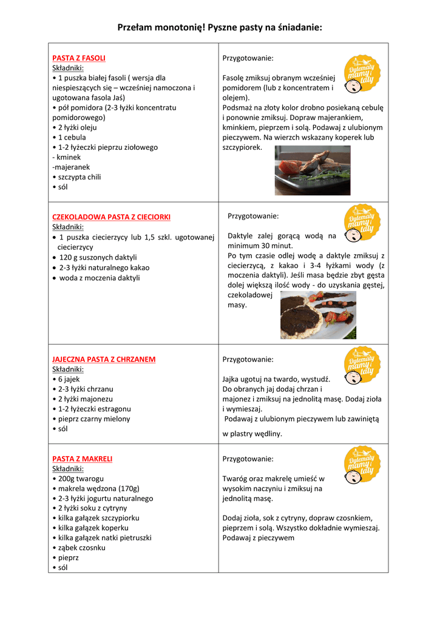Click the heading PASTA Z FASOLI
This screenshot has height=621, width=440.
pos(79,58)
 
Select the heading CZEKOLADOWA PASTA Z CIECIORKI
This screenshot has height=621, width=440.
pos(111,217)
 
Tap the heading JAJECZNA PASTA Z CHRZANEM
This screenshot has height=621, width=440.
pos(104,359)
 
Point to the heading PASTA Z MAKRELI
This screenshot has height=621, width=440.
pos(83,459)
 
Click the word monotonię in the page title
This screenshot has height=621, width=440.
pos(178,27)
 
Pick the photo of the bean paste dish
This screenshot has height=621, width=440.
pos(313,170)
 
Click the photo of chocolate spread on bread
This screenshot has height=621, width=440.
pos(318,315)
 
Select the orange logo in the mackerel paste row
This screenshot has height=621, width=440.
pos(362,468)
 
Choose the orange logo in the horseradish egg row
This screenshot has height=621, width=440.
pos(362,368)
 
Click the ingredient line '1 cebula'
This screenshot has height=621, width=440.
pos(72,137)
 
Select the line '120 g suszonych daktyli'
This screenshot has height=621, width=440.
pos(98,257)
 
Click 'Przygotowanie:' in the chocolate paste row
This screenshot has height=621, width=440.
pos(253,216)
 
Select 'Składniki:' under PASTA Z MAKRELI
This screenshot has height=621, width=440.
pos(68,469)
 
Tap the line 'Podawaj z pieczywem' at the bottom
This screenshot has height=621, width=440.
pos(258,538)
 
